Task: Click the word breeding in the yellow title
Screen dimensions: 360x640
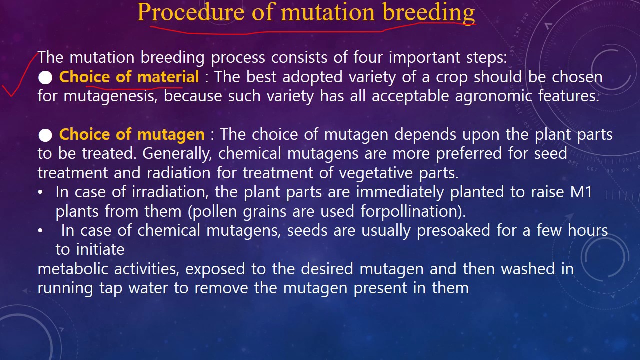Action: coord(428,12)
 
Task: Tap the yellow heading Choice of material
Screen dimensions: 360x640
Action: coord(129,77)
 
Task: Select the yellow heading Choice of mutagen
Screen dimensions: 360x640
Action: coord(132,134)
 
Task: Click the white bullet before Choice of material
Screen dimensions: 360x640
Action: coord(45,78)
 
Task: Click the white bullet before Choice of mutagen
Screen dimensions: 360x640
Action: coord(45,135)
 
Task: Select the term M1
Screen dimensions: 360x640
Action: coord(581,192)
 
